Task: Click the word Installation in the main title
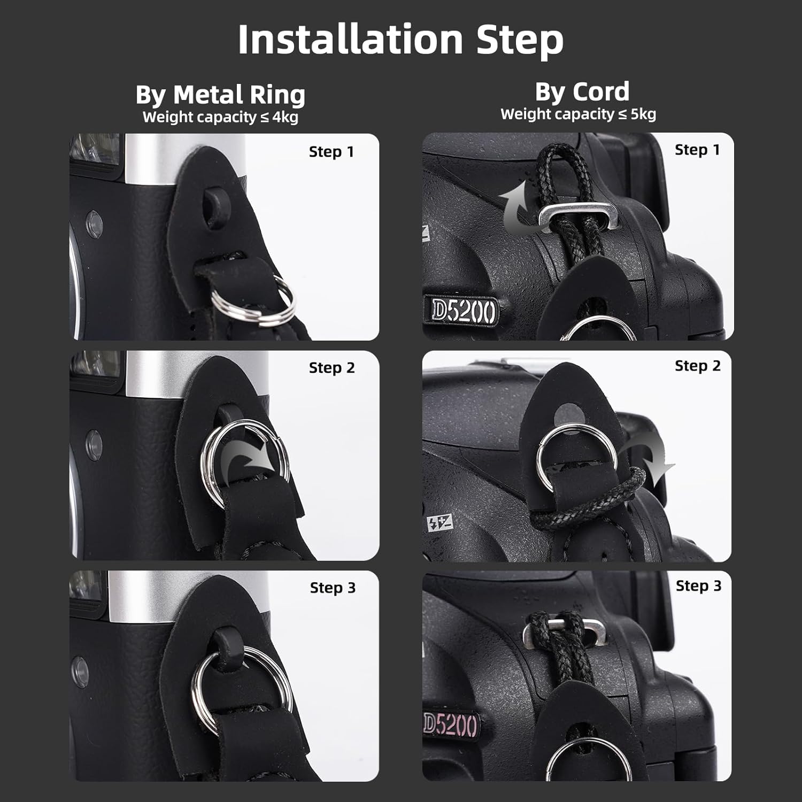point(350,40)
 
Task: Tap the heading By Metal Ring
point(220,95)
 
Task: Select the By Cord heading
point(582,92)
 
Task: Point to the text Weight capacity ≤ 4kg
point(220,117)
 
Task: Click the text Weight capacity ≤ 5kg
point(578,114)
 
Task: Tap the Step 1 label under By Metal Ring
point(331,152)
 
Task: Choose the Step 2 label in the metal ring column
point(332,368)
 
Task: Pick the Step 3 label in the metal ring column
point(333,588)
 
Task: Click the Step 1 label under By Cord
point(697,150)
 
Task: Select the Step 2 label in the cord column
point(698,366)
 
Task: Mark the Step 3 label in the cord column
point(698,585)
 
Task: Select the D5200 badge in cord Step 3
point(450,724)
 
